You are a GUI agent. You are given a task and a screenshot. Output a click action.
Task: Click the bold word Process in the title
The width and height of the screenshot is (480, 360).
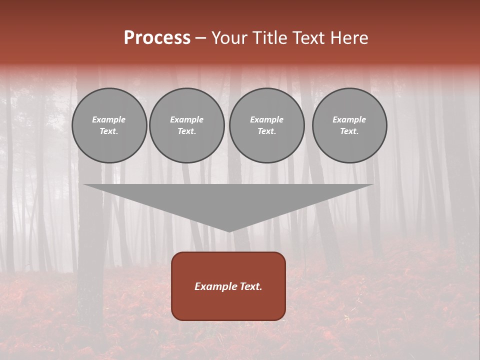157,38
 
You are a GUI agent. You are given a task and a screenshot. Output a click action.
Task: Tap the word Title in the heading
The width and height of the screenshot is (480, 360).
269,38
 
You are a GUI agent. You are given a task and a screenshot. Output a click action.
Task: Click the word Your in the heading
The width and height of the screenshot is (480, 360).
229,38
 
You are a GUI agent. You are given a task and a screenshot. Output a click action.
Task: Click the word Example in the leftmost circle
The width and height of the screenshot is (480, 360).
109,119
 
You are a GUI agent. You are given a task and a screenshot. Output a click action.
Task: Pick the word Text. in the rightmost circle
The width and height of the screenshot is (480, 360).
349,131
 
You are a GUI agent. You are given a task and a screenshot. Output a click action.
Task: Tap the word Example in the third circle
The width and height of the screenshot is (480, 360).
266,119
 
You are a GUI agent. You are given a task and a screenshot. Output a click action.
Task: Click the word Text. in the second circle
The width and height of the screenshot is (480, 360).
187,131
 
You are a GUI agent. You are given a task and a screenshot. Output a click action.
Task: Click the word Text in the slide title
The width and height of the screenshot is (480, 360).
307,38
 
